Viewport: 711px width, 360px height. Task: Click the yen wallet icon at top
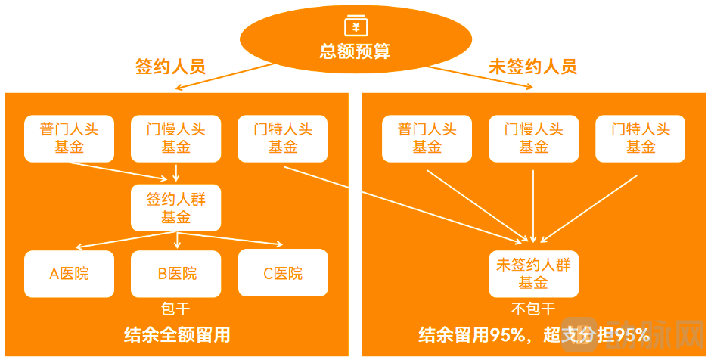355,26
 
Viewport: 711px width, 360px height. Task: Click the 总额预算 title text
355,52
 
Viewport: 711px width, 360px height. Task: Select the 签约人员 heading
170,67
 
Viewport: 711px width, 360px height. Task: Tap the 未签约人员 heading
532,67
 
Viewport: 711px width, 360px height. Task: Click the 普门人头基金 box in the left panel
69,138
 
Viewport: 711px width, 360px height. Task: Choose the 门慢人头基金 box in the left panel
175,138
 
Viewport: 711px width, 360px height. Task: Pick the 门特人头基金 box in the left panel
283,138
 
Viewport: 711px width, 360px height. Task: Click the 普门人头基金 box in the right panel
427,138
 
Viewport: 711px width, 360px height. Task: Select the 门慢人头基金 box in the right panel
533,138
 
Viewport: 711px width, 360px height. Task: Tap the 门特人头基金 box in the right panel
640,138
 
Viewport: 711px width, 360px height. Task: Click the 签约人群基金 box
175,208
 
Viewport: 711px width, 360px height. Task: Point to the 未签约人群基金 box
533,274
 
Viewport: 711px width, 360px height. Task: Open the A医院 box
69,273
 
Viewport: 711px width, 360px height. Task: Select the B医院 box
176,273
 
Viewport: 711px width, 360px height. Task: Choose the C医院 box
283,273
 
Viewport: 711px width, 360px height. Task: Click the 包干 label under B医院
175,309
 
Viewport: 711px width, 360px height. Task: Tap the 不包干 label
533,309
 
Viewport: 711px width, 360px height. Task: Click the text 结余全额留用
176,335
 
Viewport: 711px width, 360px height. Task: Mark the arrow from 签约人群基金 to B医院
176,241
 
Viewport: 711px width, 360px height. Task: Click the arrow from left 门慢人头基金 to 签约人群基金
176,173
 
